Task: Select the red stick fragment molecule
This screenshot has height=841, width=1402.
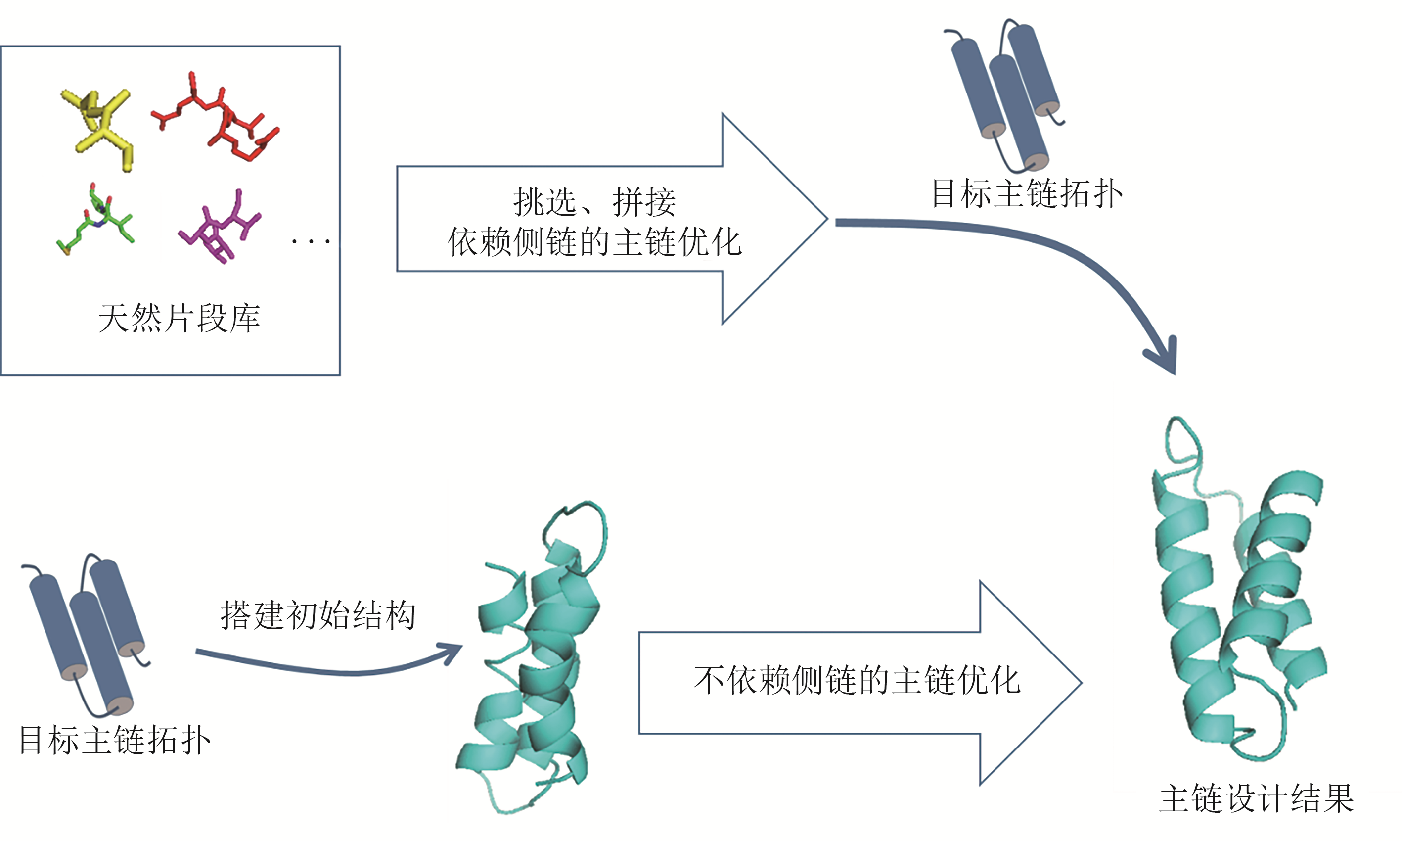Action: click(x=215, y=117)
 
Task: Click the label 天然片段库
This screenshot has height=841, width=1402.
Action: click(x=179, y=318)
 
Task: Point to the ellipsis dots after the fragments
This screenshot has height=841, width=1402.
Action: click(x=311, y=242)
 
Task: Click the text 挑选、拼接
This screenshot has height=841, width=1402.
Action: click(x=594, y=202)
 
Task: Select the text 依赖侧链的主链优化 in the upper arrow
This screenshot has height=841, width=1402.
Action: click(x=594, y=242)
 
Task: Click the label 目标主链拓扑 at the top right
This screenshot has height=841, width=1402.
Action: click(x=1027, y=194)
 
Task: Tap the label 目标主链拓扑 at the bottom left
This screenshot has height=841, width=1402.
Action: click(x=114, y=740)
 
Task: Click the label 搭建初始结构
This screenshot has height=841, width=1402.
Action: click(x=318, y=615)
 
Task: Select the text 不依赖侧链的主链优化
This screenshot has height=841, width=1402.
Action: click(x=857, y=680)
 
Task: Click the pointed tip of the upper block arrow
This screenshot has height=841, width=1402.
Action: click(x=828, y=219)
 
